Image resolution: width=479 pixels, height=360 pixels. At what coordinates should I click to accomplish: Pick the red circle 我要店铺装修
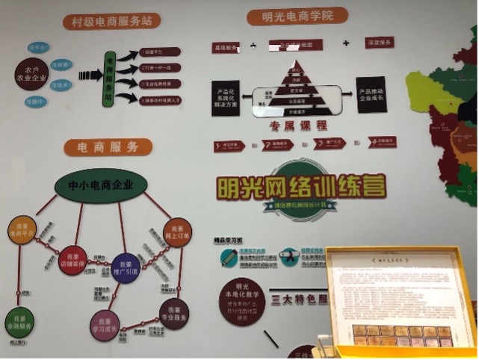coord(72,259)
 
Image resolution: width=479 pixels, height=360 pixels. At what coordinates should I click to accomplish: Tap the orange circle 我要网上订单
coord(177,233)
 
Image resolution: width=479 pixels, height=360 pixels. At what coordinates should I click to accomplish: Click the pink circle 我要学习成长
coord(105,324)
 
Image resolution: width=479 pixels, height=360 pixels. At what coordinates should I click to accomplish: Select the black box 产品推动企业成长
coord(371,94)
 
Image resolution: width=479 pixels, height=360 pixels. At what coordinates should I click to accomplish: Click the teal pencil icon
coord(229,257)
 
